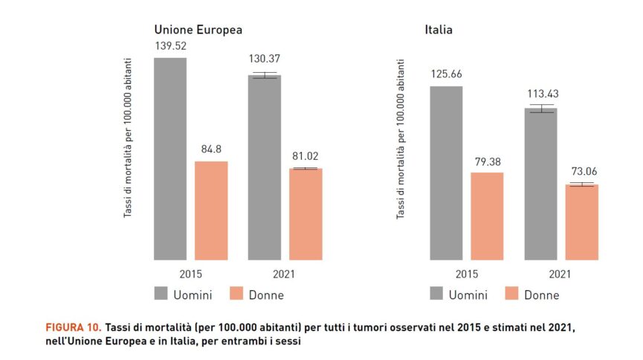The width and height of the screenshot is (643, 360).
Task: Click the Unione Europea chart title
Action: click(198, 30)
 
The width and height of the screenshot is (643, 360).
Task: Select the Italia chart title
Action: click(439, 30)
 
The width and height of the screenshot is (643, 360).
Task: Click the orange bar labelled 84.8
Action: click(211, 210)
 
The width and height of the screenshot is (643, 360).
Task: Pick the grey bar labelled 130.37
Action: click(264, 167)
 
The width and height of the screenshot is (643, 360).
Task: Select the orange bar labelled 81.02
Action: click(306, 214)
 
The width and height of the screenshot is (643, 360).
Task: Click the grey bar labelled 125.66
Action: click(446, 173)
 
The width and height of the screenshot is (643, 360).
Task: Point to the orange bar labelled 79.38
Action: click(487, 216)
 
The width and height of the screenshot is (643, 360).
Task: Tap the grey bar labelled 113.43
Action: click(540, 184)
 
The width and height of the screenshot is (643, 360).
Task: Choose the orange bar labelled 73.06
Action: click(581, 222)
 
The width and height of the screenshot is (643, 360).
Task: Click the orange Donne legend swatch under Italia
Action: click(513, 295)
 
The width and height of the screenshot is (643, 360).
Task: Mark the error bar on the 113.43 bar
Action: click(540, 109)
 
